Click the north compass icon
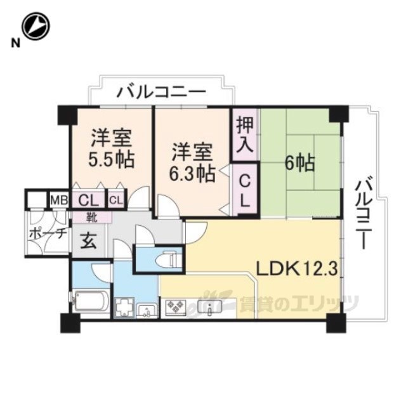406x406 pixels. (34, 27)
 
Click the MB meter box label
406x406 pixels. (59, 200)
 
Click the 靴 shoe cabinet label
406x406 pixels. (93, 218)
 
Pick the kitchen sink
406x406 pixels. (210, 309)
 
